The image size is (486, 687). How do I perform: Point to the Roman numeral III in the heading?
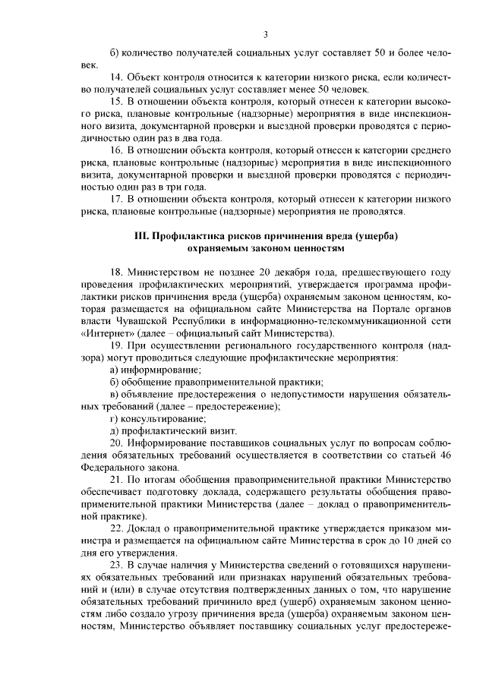click(140, 236)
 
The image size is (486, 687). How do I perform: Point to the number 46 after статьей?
click(445, 454)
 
